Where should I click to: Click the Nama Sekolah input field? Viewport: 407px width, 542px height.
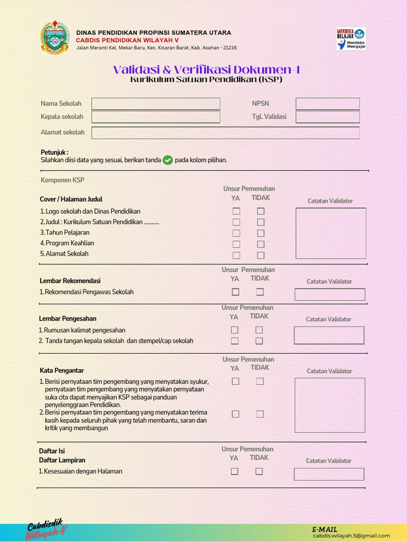[x=155, y=104]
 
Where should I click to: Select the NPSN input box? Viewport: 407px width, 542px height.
[x=328, y=104]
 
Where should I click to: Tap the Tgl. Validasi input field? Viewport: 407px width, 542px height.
[x=328, y=117]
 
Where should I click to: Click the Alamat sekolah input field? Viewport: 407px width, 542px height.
[x=225, y=132]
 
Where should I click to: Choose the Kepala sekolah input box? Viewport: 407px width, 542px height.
[x=155, y=117]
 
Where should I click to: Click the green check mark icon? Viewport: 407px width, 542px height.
[x=167, y=160]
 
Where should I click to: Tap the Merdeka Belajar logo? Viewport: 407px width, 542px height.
[x=351, y=39]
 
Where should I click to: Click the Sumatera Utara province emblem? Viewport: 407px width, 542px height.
[x=55, y=38]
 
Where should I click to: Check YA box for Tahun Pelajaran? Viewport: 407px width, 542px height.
[x=236, y=233]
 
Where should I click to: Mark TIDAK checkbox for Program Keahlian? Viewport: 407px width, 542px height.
[x=261, y=244]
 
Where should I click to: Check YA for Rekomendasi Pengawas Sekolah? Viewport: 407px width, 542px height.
[x=235, y=292]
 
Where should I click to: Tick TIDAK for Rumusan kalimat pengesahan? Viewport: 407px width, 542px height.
[x=259, y=330]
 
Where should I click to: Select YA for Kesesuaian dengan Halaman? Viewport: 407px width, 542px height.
[x=234, y=471]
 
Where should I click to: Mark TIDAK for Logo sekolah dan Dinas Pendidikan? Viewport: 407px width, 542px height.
[x=261, y=211]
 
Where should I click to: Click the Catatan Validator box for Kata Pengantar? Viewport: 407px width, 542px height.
[x=330, y=405]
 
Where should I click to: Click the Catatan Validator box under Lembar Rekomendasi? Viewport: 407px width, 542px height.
[x=330, y=294]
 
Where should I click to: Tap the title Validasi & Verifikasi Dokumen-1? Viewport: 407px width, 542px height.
[x=207, y=70]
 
